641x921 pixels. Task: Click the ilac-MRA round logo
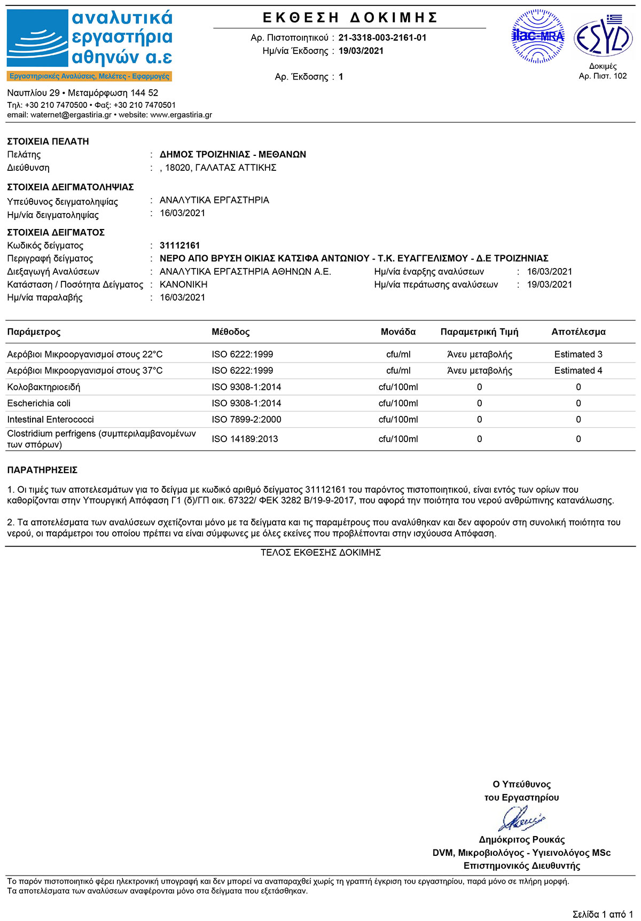[x=538, y=36]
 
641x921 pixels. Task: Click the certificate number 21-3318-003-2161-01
[x=382, y=38]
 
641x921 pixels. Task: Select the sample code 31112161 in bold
[x=180, y=246]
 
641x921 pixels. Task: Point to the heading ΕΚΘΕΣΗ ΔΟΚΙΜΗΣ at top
[x=350, y=18]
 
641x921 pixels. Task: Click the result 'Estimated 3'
[x=578, y=355]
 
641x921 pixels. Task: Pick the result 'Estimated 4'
[x=578, y=371]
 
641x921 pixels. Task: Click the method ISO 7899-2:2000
[x=246, y=420]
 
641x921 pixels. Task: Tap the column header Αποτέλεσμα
[x=579, y=332]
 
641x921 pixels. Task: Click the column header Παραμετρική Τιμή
[x=479, y=332]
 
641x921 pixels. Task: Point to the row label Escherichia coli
[x=39, y=403]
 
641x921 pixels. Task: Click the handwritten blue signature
[x=521, y=818]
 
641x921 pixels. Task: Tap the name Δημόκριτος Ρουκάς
[x=521, y=840]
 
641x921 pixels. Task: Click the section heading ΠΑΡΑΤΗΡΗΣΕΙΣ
[x=42, y=470]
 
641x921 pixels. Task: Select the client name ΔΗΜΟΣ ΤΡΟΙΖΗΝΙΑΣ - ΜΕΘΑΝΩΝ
[x=233, y=155]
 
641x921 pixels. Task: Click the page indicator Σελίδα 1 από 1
[x=603, y=915]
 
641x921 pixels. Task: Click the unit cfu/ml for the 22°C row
[x=398, y=355]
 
